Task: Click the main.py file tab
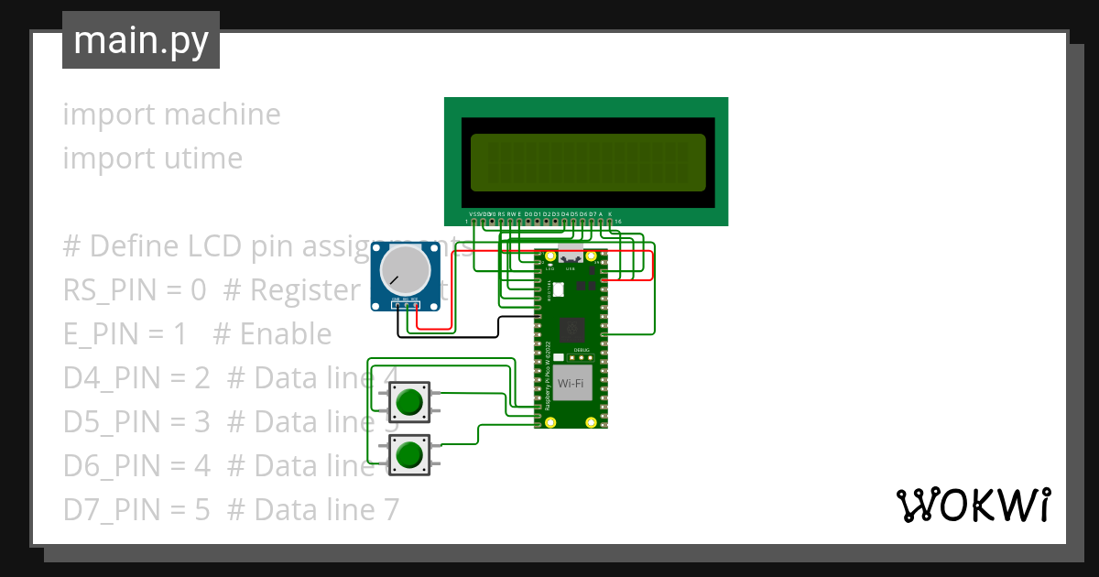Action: pyautogui.click(x=141, y=41)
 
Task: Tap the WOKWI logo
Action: pyautogui.click(x=972, y=505)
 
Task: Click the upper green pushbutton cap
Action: pyautogui.click(x=408, y=401)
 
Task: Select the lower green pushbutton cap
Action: pyautogui.click(x=408, y=454)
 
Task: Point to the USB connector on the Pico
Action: pyautogui.click(x=571, y=257)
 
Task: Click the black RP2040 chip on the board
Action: pyautogui.click(x=571, y=327)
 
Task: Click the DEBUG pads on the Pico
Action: pyautogui.click(x=582, y=356)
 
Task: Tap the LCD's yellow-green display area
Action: pyautogui.click(x=587, y=162)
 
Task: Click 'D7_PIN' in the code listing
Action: pyautogui.click(x=109, y=509)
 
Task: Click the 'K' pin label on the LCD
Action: pyautogui.click(x=610, y=213)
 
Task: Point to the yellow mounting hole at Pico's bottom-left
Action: pyautogui.click(x=550, y=422)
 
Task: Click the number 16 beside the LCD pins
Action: pyautogui.click(x=618, y=222)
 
